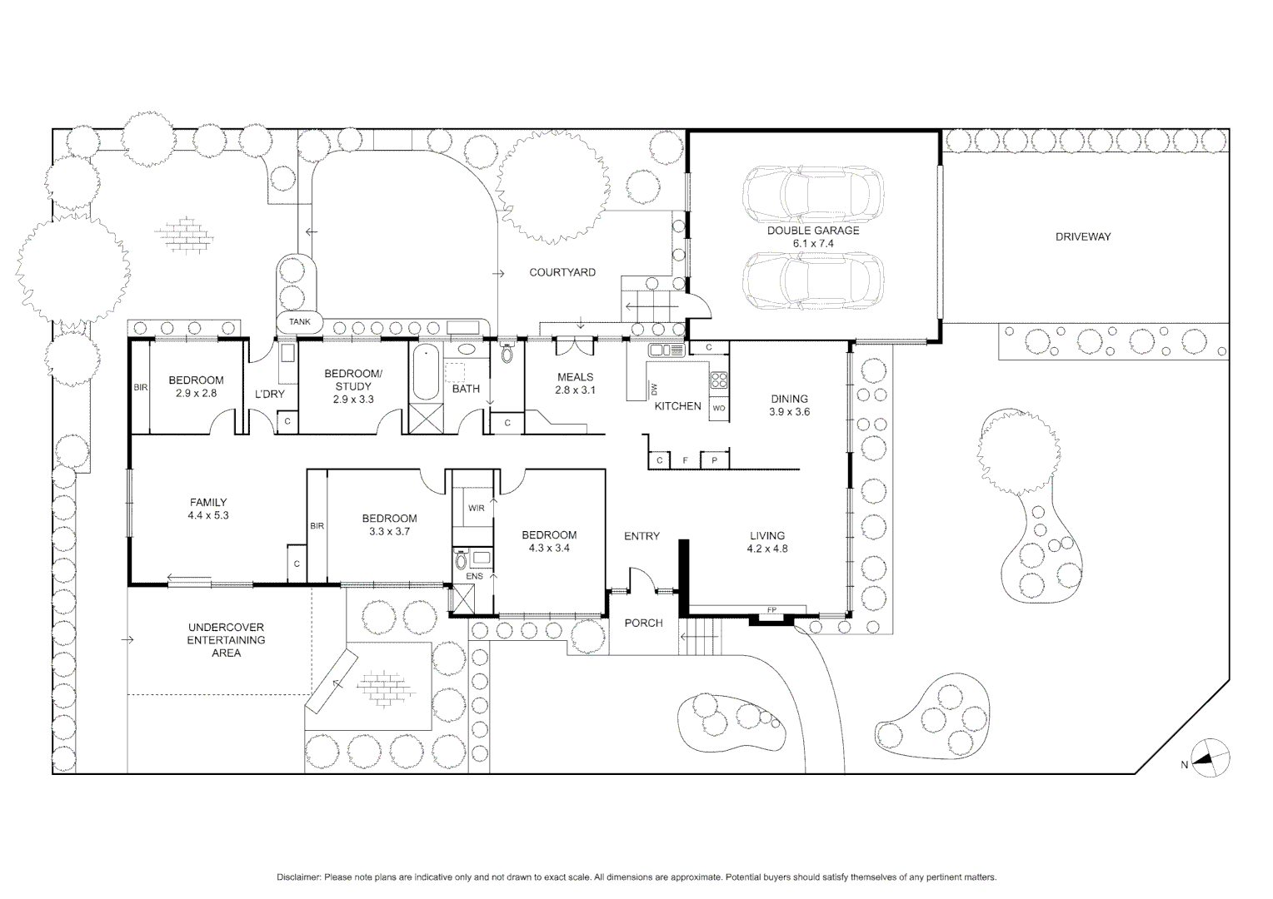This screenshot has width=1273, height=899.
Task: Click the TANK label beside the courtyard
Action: point(299,322)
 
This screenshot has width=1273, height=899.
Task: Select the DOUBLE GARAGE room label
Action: point(813,231)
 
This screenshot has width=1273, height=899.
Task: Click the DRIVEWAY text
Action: point(1083,236)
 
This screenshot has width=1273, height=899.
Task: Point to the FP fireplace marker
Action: point(771,610)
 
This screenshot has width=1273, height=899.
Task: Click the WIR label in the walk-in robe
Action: point(477,508)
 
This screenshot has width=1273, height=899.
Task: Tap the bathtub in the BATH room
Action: point(426,372)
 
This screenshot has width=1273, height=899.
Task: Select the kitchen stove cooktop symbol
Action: point(719,379)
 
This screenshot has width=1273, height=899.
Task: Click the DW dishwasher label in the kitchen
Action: point(654,389)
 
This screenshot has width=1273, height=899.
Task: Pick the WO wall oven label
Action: point(719,409)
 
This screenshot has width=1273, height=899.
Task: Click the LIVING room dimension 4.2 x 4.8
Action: point(767,549)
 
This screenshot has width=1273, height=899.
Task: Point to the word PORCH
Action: point(643,623)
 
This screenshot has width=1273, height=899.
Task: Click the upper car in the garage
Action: point(813,194)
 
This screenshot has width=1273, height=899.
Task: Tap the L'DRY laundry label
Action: point(269,394)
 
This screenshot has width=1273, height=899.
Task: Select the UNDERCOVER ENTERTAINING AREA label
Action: point(226,640)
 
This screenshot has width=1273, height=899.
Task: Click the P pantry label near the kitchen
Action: point(714,460)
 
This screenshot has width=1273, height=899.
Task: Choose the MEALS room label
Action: point(575,377)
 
